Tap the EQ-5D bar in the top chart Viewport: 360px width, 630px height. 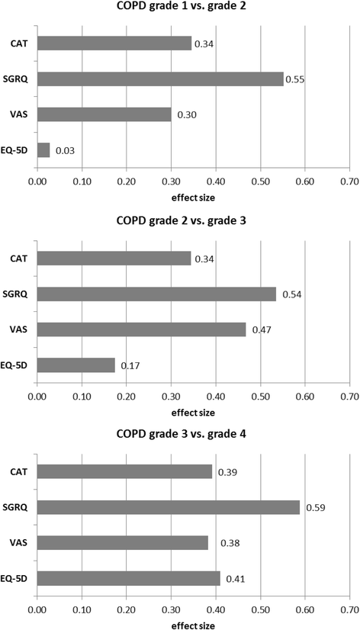tap(43, 150)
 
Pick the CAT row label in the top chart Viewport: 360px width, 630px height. tap(20, 43)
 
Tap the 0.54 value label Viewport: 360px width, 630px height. tap(292, 294)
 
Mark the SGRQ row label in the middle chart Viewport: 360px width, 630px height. tap(18, 294)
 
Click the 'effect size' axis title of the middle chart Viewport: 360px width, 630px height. tap(192, 412)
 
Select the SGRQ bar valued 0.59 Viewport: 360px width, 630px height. tap(168, 507)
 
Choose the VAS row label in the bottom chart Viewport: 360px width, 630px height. tap(20, 543)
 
